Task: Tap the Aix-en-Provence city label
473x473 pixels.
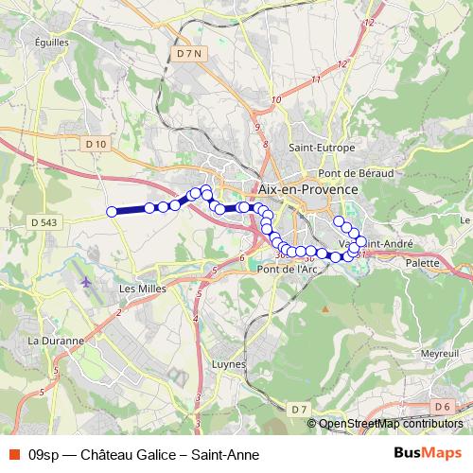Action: tap(307, 189)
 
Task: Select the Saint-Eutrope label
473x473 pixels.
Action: tap(322, 148)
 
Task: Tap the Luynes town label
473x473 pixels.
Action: tap(230, 364)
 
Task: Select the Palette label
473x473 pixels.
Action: tap(423, 263)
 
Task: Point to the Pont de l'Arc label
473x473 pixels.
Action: tap(287, 268)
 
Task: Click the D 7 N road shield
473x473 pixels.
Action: tap(190, 56)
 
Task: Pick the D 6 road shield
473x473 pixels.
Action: tap(442, 407)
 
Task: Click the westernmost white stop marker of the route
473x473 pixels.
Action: tap(112, 212)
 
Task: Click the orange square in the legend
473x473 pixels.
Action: tap(12, 453)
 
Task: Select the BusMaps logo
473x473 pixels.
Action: tap(428, 452)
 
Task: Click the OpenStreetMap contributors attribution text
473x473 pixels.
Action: tap(387, 423)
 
